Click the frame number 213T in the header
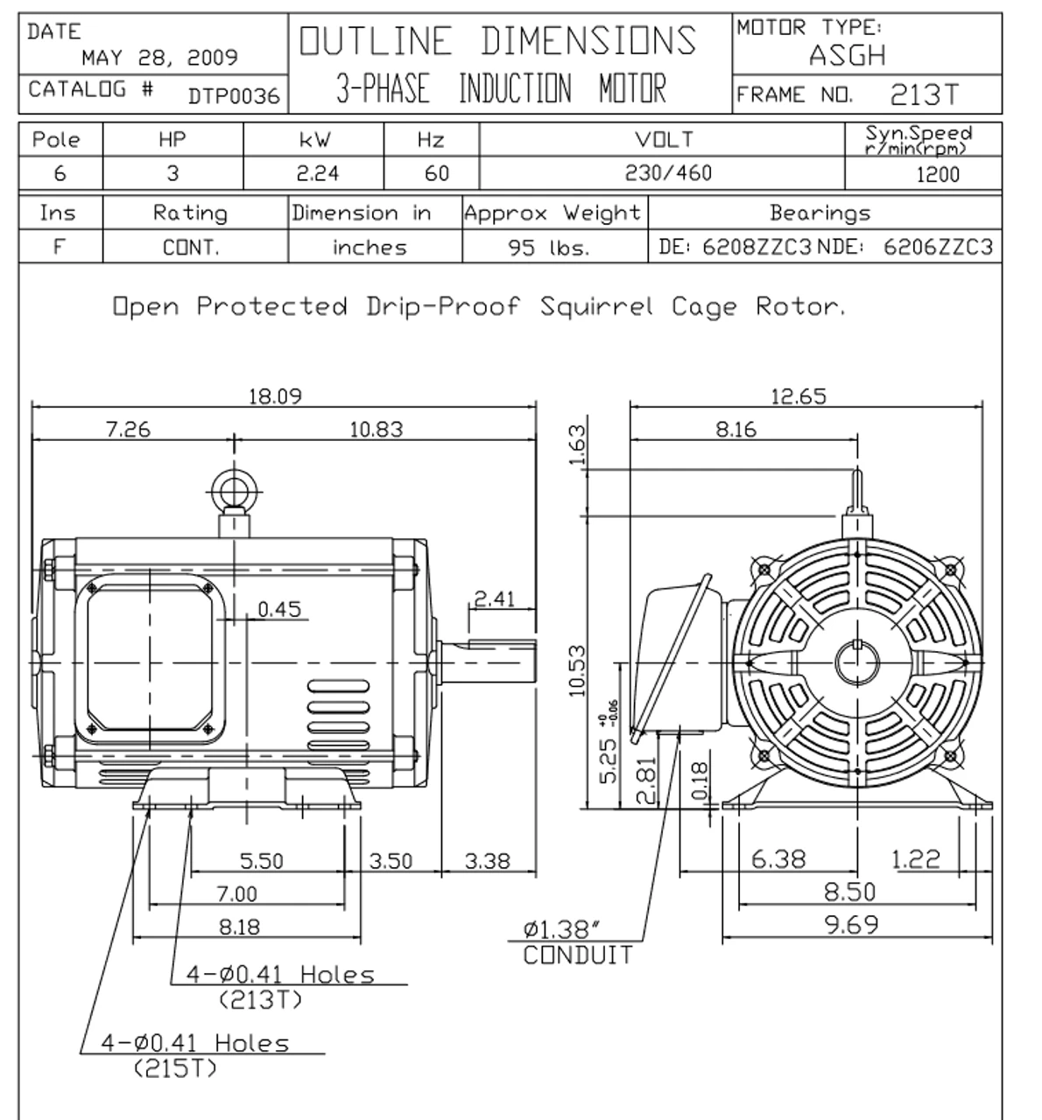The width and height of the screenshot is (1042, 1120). (924, 94)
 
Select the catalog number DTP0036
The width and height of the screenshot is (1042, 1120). (234, 96)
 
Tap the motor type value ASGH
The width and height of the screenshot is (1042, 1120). (847, 56)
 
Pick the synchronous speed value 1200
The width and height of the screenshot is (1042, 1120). (938, 174)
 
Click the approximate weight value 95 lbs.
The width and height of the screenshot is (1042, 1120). (549, 248)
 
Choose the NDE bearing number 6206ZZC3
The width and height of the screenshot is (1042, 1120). (938, 248)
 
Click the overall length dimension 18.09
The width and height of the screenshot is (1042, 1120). (275, 396)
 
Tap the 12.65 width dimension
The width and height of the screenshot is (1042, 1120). (798, 396)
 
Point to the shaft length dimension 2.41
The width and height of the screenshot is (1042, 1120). (494, 599)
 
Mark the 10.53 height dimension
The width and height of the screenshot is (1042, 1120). (577, 670)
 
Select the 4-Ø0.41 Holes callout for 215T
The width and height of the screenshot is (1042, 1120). (194, 1054)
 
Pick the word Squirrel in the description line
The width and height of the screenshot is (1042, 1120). (595, 307)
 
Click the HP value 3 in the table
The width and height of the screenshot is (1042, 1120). (172, 173)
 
